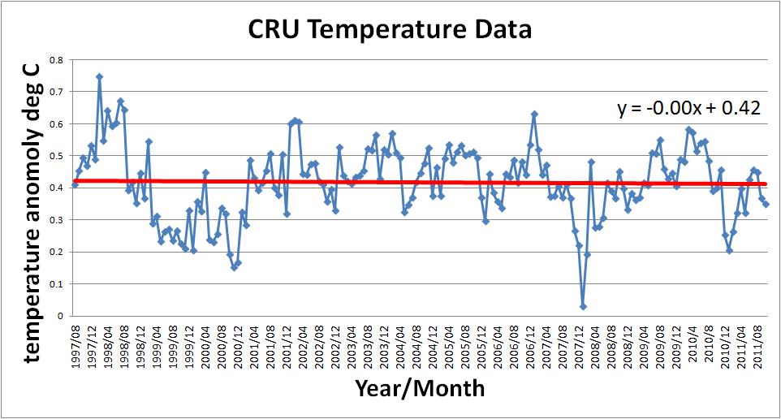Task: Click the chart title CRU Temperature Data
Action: pos(390,31)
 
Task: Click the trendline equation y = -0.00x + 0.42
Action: pos(688,108)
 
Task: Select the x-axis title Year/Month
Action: pos(420,388)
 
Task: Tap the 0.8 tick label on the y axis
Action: pos(56,60)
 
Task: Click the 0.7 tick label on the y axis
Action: pos(56,92)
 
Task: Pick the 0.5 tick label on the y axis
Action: pos(56,156)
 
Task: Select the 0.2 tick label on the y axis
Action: pos(56,252)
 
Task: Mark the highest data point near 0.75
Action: pos(99,76)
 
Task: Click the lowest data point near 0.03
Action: pos(583,306)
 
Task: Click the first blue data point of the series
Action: pos(75,184)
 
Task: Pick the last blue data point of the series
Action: pos(766,204)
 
